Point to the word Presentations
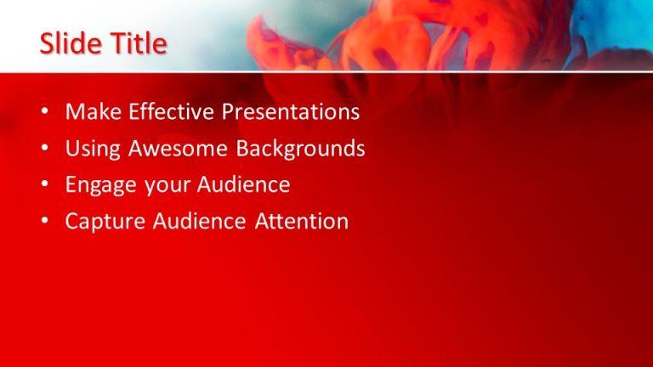point(291,112)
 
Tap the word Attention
point(302,222)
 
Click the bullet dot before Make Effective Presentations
point(45,113)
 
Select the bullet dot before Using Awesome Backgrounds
point(45,150)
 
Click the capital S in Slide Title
point(48,44)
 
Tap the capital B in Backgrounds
point(243,149)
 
